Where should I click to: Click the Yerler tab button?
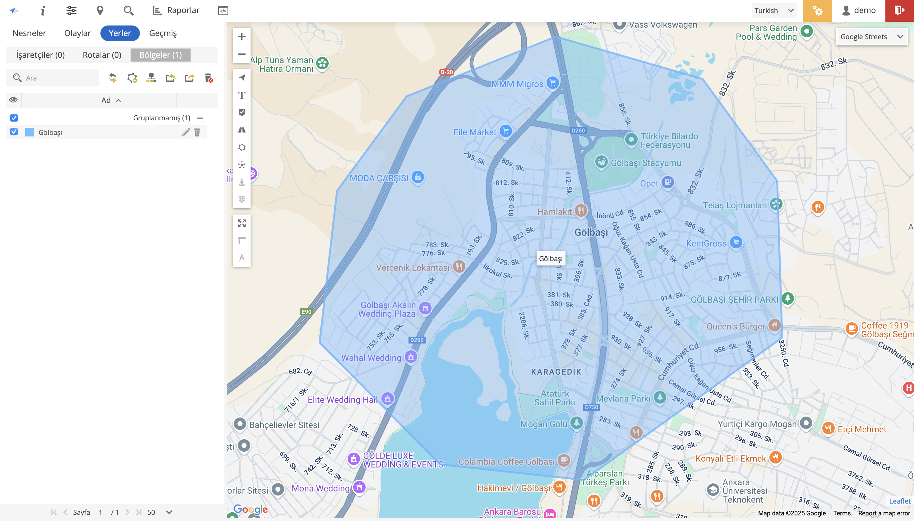(x=120, y=33)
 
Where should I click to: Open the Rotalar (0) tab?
(x=102, y=55)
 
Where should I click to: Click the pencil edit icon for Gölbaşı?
(x=185, y=132)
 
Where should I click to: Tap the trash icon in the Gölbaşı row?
(x=197, y=132)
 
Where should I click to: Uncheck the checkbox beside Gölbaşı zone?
(x=14, y=132)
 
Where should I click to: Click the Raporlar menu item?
(x=176, y=10)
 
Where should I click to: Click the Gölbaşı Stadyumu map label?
(x=646, y=163)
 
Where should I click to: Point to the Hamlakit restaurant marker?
(x=580, y=210)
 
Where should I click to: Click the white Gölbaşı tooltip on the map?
(x=550, y=259)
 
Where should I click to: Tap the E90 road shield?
(x=306, y=312)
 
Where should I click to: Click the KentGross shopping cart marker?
(x=736, y=242)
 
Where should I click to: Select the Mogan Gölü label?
(x=544, y=424)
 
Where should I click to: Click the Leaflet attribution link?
(x=899, y=501)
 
